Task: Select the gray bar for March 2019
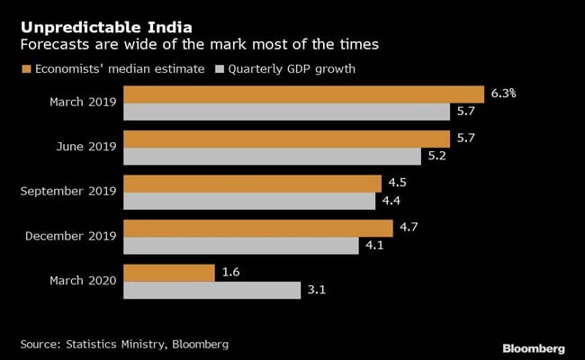286,112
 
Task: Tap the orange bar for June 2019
286,139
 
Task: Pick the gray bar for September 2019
249,201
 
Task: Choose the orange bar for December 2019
257,228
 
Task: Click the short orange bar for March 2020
168,272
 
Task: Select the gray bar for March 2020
211,290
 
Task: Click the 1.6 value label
230,272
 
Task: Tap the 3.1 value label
318,290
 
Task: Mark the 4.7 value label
409,228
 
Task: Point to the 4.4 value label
391,201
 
